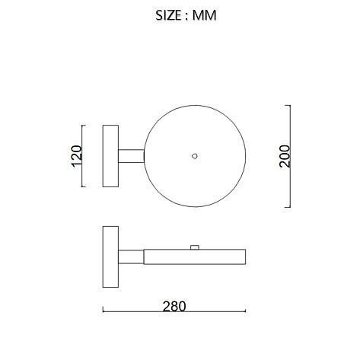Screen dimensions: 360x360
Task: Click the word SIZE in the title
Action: pos(168,15)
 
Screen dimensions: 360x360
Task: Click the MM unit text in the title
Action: pos(204,15)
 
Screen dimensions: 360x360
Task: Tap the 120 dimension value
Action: pos(77,156)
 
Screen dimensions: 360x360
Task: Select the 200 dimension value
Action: pos(284,156)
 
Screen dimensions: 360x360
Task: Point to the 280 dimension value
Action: pos(174,306)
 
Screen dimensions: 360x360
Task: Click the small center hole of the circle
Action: pos(195,156)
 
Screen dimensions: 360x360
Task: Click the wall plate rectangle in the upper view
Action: pos(110,156)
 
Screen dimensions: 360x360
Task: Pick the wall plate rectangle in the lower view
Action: pos(110,256)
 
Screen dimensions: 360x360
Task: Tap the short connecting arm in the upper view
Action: pos(131,156)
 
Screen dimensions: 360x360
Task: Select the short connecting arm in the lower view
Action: pos(131,256)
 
